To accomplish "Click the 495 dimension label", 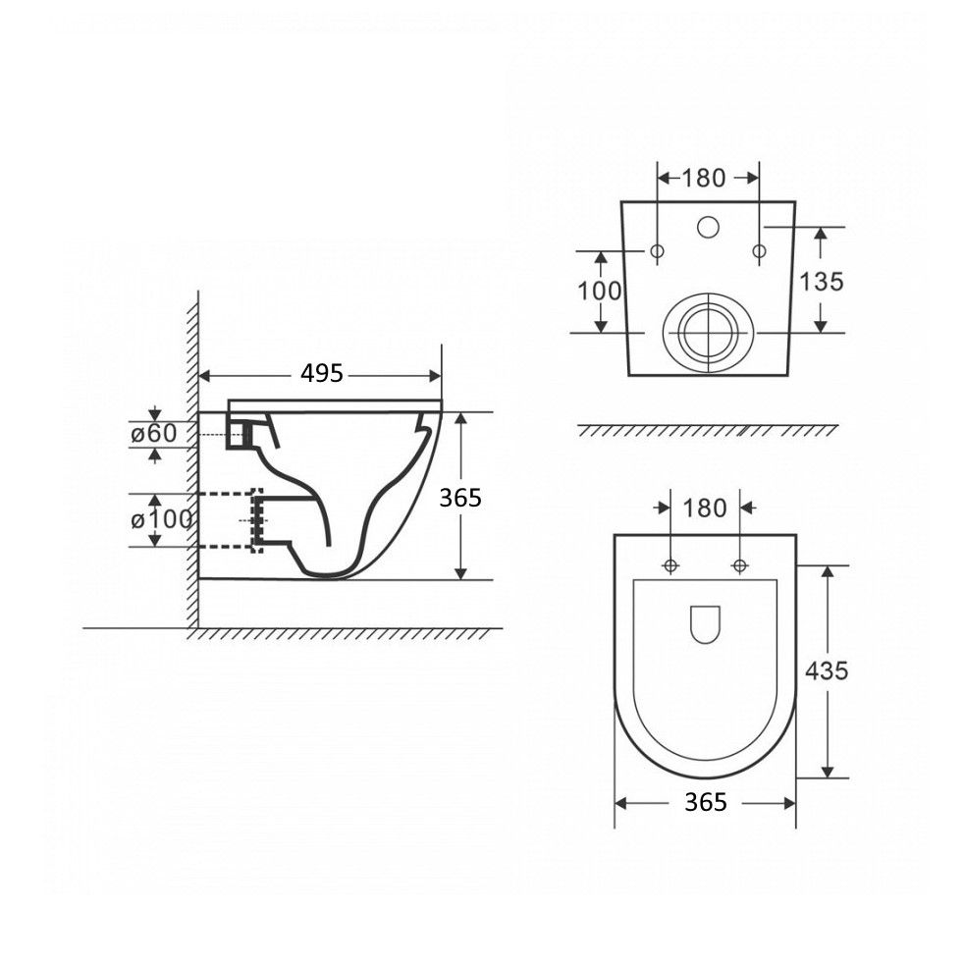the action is pos(322,373).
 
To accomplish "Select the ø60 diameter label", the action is pos(154,434).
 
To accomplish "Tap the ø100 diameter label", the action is pos(162,520).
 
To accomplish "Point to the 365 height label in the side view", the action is pos(460,498).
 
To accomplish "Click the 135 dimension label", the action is pos(822,282).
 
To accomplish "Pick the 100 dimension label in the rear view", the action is pos(600,291).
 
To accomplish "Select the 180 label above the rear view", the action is pos(704,179).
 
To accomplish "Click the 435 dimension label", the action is pos(827,670).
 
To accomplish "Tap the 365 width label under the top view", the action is pos(706,802).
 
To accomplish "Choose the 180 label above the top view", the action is pos(705,509).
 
